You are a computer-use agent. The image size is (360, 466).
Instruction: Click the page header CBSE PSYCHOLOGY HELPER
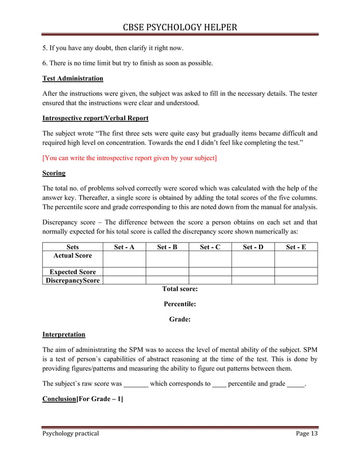click(x=179, y=27)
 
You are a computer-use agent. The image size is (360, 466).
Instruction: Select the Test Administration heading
click(x=73, y=78)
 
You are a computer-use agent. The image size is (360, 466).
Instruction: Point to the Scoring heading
click(x=54, y=173)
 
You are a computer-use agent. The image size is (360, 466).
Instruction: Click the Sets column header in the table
click(x=73, y=247)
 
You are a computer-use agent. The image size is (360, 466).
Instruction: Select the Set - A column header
click(x=124, y=247)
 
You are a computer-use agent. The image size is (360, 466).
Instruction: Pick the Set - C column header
click(x=210, y=247)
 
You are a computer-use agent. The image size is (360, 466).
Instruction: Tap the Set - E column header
click(x=296, y=247)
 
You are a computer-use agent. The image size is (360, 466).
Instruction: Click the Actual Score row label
click(x=73, y=256)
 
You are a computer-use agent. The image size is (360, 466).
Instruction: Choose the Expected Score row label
click(x=73, y=272)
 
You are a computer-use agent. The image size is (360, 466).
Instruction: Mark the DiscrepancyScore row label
click(x=73, y=280)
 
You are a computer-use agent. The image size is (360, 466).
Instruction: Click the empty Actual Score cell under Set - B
click(x=167, y=259)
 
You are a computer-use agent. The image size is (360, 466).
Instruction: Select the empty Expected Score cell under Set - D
click(x=253, y=272)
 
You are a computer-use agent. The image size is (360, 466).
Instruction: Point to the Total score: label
click(x=179, y=289)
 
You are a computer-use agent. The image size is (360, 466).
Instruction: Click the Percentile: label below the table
click(x=179, y=304)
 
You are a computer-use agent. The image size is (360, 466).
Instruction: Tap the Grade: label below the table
click(x=179, y=319)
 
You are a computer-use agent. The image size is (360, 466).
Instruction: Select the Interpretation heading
click(x=64, y=335)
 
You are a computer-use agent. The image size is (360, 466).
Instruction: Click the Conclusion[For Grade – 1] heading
click(x=83, y=399)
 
